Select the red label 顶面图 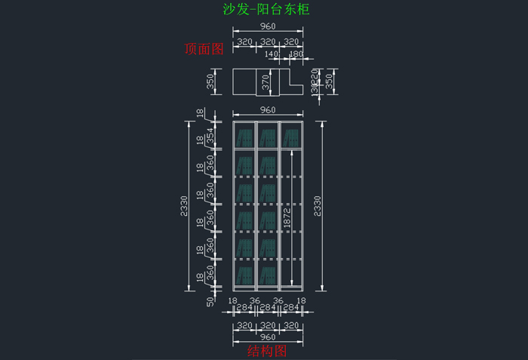tap(204, 49)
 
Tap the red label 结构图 tap(268, 351)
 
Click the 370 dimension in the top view tap(266, 83)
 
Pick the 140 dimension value tap(272, 54)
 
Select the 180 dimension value tap(296, 54)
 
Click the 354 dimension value tap(211, 135)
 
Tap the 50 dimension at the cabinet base tap(210, 301)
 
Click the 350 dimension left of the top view tap(211, 82)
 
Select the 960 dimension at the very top tap(268, 26)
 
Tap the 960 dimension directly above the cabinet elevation tap(268, 110)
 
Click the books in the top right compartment tap(290, 137)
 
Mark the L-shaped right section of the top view tap(290, 83)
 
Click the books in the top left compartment tap(244, 137)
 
